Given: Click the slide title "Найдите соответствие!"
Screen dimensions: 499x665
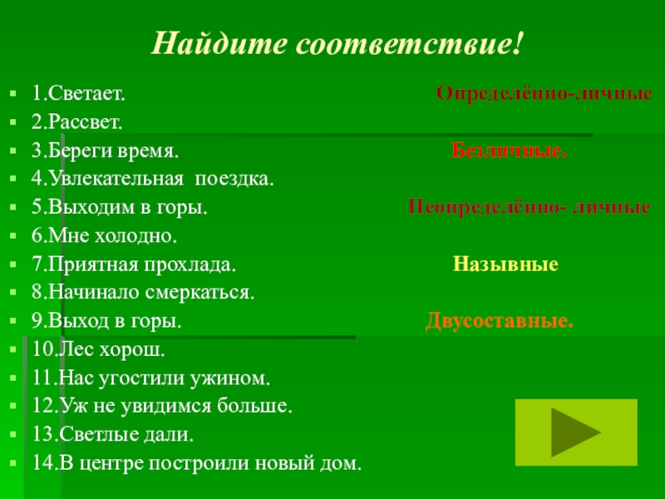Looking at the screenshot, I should coord(339,42).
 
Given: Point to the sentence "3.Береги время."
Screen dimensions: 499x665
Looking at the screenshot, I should coord(105,151).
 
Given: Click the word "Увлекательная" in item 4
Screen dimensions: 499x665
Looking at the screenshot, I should coord(111,179).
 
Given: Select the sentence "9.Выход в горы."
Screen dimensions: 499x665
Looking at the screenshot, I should coord(107,322).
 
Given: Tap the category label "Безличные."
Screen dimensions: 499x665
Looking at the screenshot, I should coord(510,151).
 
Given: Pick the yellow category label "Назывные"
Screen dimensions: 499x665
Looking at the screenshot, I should coord(505,265).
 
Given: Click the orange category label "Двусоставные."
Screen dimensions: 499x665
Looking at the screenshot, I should coord(500,321).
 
